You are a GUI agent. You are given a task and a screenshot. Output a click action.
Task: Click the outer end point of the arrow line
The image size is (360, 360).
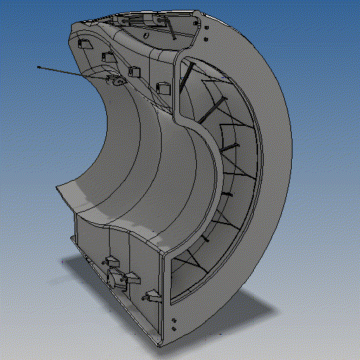[x=39, y=67]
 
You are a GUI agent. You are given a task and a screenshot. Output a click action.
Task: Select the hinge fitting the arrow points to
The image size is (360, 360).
[x=115, y=82]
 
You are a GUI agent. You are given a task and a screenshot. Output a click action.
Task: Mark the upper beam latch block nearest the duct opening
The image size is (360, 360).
[x=163, y=88]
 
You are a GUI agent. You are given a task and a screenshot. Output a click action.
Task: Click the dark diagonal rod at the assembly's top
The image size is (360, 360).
[x=173, y=28]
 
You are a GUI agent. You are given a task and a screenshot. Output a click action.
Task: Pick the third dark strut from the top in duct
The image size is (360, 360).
[x=228, y=147]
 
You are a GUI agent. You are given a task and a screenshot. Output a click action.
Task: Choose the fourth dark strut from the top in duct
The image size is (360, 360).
[x=226, y=193]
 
